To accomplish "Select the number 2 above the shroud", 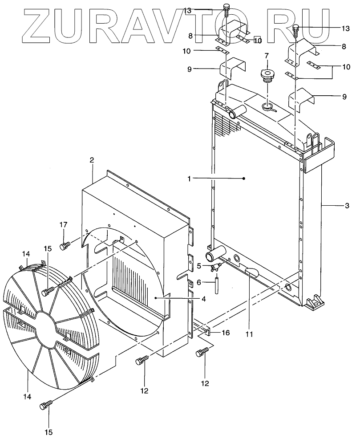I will [x=92, y=160].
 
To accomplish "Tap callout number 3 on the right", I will [x=347, y=205].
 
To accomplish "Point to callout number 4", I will [x=203, y=299].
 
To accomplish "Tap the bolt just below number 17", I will [x=64, y=244].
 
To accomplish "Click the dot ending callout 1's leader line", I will [x=244, y=179].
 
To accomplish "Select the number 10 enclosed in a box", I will [x=258, y=41].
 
